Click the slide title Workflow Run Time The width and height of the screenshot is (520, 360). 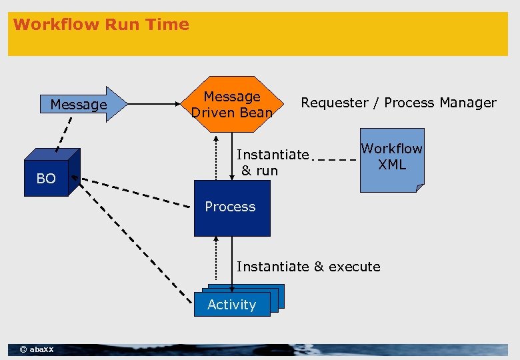101,25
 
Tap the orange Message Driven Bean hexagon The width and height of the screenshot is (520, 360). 232,105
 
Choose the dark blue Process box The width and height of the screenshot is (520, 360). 231,207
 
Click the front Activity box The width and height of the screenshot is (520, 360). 231,305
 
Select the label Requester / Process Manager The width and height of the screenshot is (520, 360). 399,103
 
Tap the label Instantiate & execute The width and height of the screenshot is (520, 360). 308,267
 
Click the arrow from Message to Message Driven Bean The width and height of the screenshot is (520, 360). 154,104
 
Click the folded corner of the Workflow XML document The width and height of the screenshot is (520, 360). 419,188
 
